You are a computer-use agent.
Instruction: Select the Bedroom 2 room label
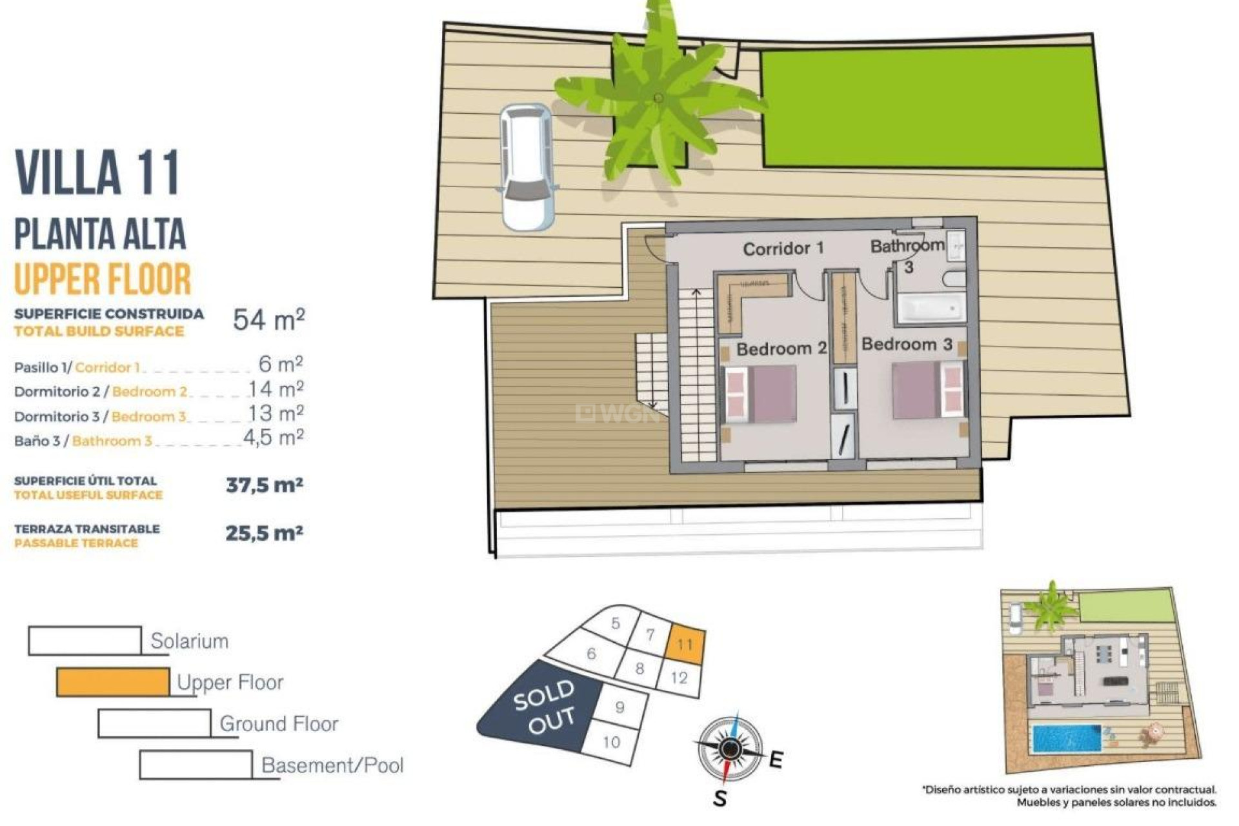click(x=781, y=349)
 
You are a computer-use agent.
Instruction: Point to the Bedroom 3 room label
click(x=907, y=345)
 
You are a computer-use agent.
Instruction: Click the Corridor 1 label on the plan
click(x=783, y=248)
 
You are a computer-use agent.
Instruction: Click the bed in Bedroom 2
click(x=760, y=394)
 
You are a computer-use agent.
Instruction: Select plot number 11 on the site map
click(x=685, y=644)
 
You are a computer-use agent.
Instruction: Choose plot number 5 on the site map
click(x=615, y=623)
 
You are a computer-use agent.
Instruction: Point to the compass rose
click(x=730, y=749)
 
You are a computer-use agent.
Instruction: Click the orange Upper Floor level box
click(x=113, y=682)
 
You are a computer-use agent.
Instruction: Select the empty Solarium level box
click(x=85, y=641)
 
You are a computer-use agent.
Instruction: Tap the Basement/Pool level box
click(x=196, y=765)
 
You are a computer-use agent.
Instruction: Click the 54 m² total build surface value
click(x=268, y=319)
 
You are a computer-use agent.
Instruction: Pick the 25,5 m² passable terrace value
click(x=264, y=534)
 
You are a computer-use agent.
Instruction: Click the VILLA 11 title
click(x=97, y=172)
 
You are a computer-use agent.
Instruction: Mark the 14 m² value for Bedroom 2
click(x=276, y=389)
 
